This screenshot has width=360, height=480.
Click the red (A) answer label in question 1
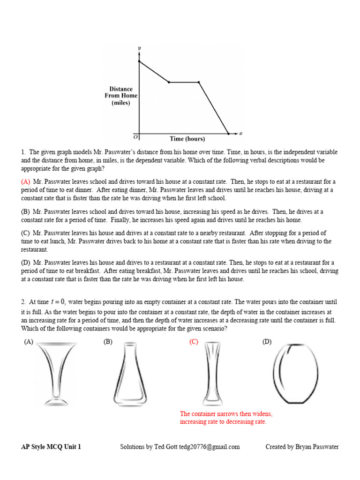coord(26,181)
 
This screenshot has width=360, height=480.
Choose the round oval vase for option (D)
coord(295,374)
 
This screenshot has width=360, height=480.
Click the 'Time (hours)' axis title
coord(187,139)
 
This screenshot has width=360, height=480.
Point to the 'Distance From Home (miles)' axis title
coord(121,96)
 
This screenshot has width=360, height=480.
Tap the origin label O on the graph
coord(135,137)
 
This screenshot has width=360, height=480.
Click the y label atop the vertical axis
coord(139,48)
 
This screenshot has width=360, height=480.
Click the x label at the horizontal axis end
coord(240,133)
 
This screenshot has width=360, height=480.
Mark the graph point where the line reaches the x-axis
coord(229,134)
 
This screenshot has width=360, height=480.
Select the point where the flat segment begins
coord(169,82)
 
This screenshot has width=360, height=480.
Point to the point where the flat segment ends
coord(199,82)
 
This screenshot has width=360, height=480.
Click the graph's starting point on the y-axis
coord(139,61)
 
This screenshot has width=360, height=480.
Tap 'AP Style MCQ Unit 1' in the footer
coord(51,447)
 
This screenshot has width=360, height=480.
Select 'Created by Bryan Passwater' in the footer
coord(302,447)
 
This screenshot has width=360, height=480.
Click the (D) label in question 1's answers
coord(26,262)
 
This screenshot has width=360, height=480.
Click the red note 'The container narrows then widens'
coord(226,414)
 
